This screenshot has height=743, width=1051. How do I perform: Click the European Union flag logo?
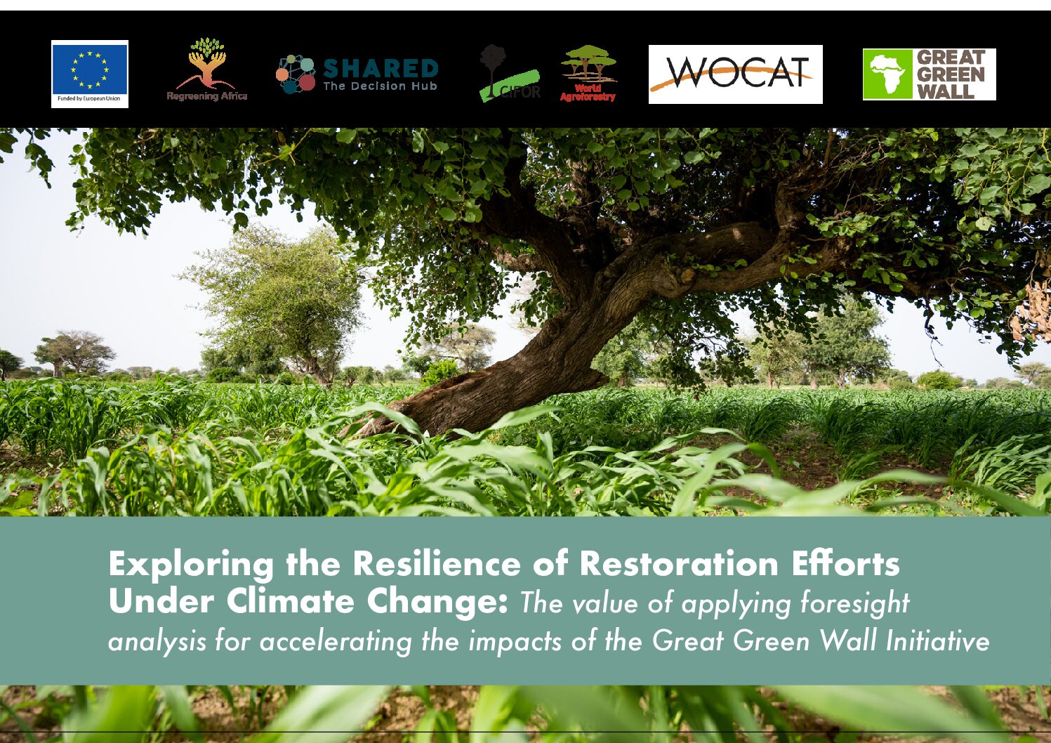(90, 74)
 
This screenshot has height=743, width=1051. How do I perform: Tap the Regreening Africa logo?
(207, 70)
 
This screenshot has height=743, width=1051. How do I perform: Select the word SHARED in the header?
(381, 69)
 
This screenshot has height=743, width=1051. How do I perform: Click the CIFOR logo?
(510, 73)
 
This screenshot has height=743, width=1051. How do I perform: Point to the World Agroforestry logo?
(588, 73)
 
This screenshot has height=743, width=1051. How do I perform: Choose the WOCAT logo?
(735, 74)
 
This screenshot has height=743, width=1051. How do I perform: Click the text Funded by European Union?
(89, 98)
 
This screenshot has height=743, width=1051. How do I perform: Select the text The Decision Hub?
(380, 86)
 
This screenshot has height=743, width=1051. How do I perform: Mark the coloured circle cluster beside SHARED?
(296, 74)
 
